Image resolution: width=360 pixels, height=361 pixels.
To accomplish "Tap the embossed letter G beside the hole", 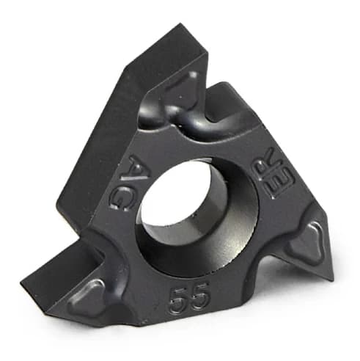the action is tap(122, 199).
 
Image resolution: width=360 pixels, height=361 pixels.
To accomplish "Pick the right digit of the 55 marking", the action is tap(200, 296).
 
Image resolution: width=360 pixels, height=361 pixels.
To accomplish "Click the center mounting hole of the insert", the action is tap(196, 217).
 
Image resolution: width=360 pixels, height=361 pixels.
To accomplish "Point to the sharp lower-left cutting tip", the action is tap(22, 283).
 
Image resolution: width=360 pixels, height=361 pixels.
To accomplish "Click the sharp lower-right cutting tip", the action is tap(333, 279).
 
